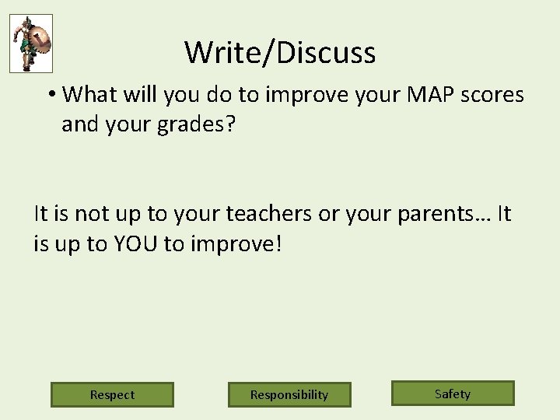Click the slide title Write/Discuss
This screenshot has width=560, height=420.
point(280,53)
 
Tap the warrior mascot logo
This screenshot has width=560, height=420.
point(30,44)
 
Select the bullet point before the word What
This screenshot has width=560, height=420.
point(51,95)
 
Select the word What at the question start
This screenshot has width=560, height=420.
point(87,95)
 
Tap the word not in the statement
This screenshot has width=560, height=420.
point(89,214)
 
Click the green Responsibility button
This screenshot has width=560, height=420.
point(289,394)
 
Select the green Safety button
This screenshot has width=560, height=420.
point(453,394)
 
